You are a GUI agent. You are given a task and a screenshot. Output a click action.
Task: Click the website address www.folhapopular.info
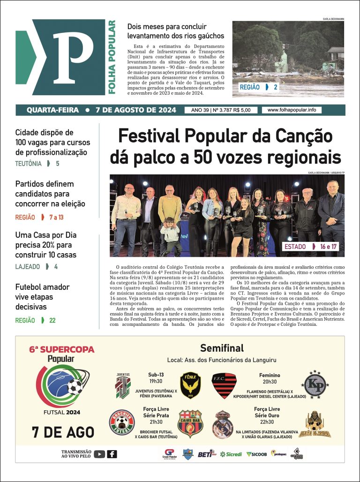291,110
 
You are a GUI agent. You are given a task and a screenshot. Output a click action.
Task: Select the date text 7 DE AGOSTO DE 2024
136,110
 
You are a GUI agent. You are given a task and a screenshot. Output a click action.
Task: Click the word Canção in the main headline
303,136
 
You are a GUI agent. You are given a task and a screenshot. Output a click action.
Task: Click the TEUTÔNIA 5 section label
37,164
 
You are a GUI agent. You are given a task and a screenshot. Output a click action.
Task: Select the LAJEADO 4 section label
36,267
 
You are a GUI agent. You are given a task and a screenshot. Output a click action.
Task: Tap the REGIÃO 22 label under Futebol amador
35,320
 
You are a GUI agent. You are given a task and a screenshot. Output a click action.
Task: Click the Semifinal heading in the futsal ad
222,348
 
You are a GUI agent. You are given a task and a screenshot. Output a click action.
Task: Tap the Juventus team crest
123,385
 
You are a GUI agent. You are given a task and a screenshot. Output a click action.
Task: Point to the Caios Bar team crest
190,423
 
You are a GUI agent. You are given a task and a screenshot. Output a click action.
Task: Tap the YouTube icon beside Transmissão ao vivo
99,454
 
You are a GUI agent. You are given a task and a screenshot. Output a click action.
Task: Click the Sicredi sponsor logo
231,454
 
